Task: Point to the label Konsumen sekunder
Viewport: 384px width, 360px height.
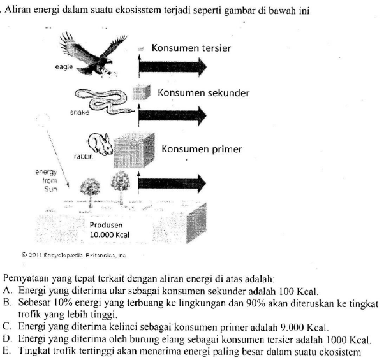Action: (203, 93)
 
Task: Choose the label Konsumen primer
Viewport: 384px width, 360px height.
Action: (202, 149)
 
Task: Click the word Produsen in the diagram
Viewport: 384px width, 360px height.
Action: (105, 225)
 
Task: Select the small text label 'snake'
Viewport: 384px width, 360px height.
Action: (77, 112)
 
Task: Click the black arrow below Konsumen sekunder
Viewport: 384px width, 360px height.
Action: (173, 114)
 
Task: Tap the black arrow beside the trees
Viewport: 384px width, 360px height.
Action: (173, 184)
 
